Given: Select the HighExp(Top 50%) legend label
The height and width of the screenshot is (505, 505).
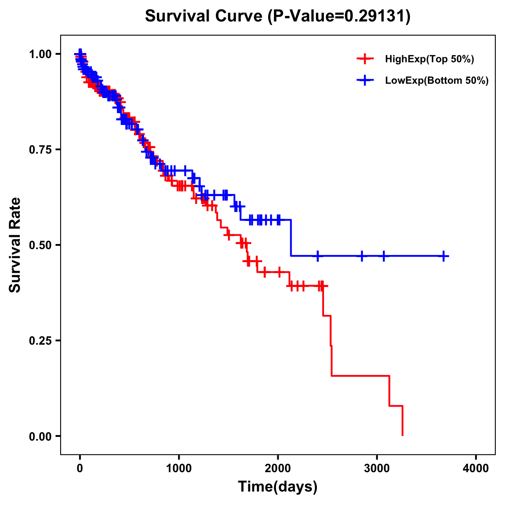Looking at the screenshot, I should click(430, 59).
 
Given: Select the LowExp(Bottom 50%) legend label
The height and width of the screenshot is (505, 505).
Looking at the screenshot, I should click(437, 81).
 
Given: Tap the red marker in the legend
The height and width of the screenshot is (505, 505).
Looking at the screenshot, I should click(365, 59).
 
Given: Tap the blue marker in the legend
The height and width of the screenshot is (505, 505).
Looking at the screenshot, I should click(365, 81).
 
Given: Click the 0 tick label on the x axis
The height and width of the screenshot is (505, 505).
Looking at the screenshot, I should click(80, 468).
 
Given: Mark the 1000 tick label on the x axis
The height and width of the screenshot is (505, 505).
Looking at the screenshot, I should click(179, 468).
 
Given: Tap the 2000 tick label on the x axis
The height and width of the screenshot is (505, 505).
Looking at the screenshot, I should click(278, 468).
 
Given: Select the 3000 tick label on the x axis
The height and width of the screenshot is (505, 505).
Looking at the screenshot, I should click(377, 468).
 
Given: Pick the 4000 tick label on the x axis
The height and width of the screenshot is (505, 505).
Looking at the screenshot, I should click(476, 468).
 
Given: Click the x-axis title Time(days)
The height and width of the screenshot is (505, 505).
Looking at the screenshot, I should click(278, 487).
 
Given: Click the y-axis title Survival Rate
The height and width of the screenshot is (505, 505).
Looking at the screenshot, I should click(16, 245).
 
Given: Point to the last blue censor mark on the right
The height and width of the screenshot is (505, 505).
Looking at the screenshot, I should click(444, 256).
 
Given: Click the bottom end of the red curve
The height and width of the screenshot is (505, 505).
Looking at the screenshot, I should click(403, 435).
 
